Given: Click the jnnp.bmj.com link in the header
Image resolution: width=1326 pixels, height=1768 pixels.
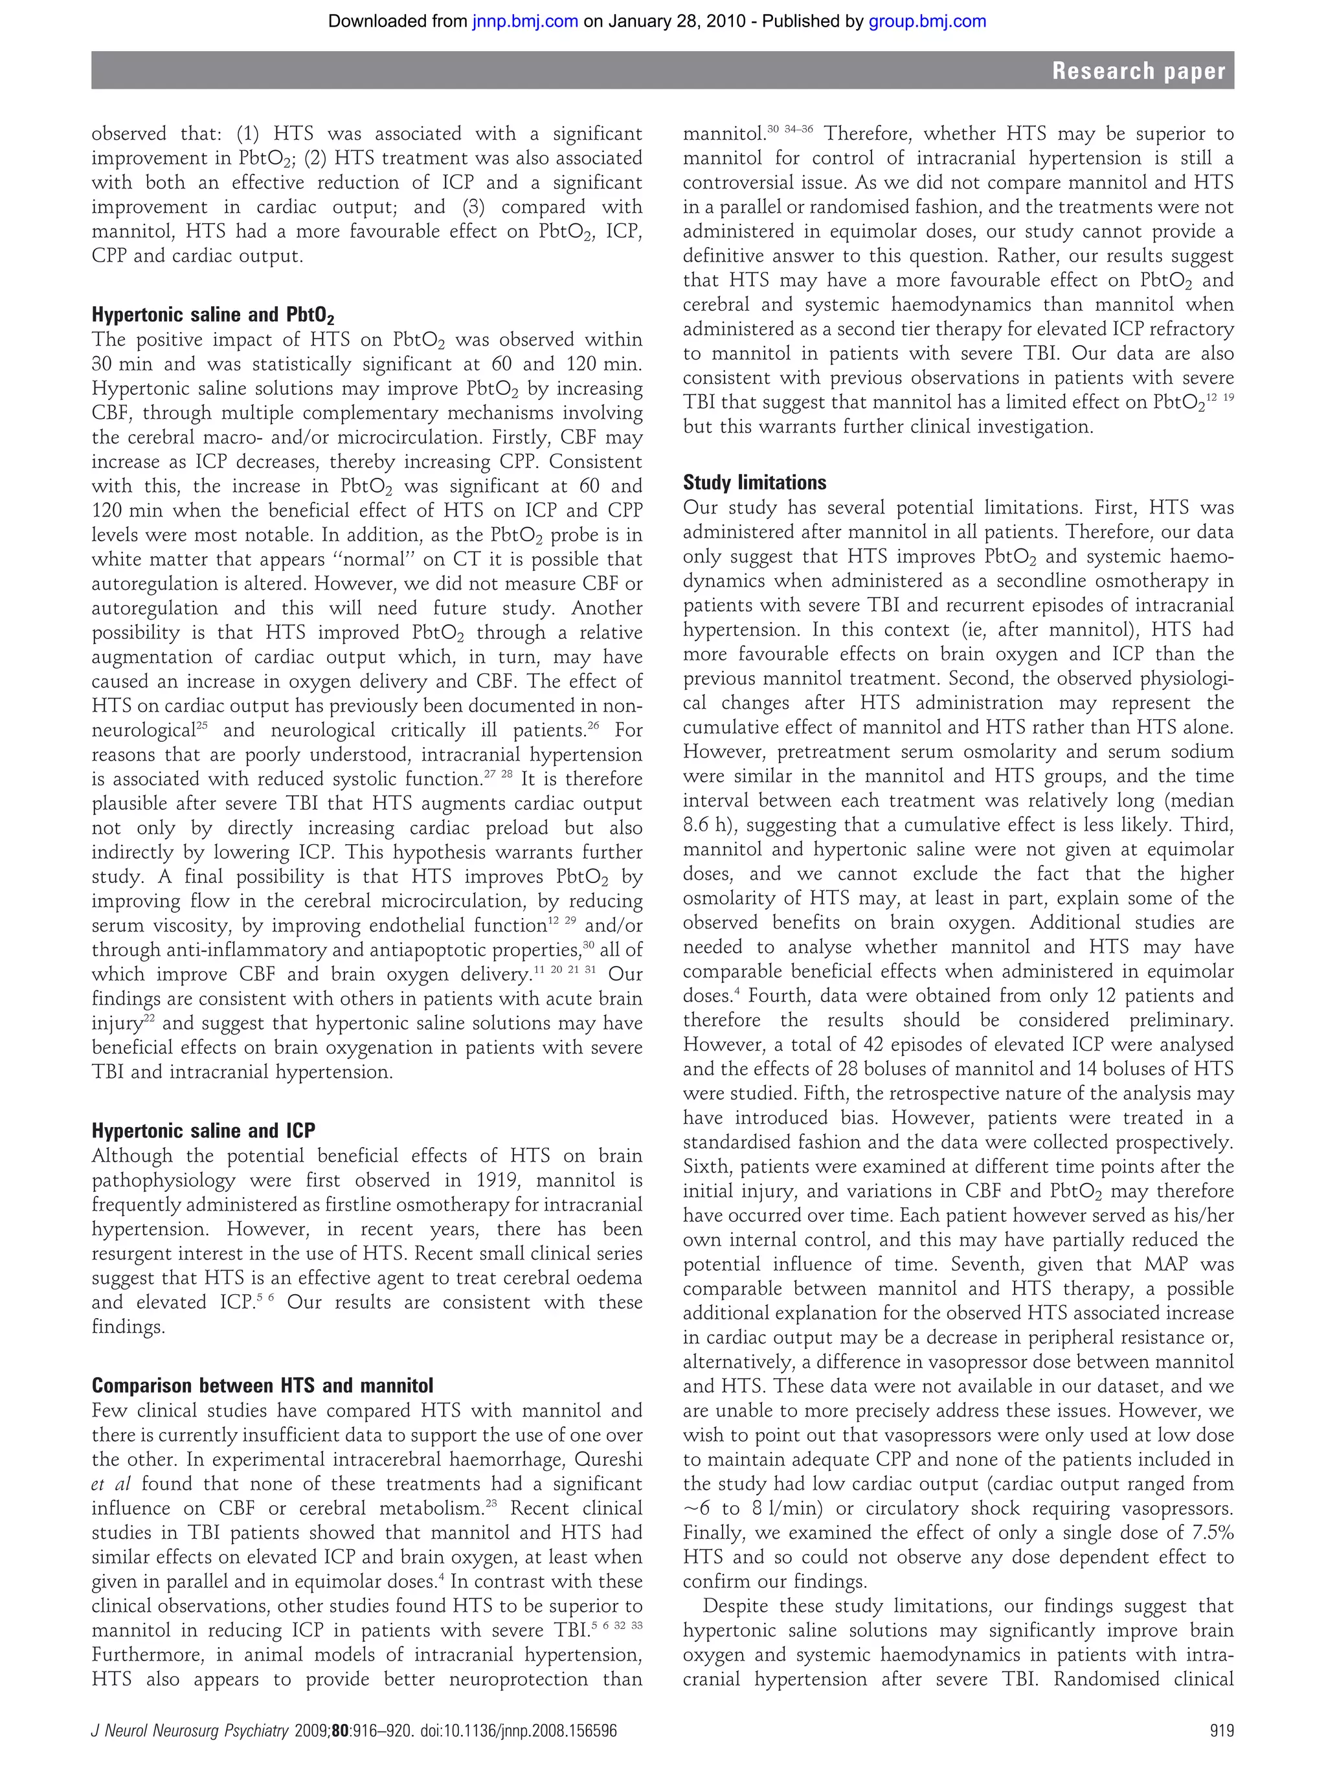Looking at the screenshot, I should (x=524, y=21).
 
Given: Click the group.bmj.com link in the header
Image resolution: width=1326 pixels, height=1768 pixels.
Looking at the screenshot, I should (x=927, y=21).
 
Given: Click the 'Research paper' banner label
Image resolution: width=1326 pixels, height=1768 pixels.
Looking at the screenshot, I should (x=1138, y=71).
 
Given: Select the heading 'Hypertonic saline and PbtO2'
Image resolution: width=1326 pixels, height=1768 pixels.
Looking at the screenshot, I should (x=212, y=314).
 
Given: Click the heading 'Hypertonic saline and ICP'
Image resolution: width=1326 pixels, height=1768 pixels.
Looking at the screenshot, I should (x=203, y=1130).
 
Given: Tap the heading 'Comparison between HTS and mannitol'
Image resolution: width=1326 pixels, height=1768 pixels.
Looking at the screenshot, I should (x=262, y=1385).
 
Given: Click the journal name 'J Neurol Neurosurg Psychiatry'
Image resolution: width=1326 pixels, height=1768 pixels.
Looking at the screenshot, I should (x=190, y=1731).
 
